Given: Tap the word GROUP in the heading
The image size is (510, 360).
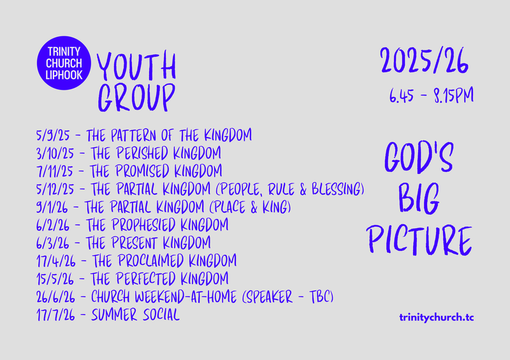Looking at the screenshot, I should coord(136,97).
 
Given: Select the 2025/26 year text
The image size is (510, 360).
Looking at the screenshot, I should coord(425,62).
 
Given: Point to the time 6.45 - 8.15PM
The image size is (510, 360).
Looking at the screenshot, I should coord(430,97).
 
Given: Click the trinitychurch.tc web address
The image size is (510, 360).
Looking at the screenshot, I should coord(435,317).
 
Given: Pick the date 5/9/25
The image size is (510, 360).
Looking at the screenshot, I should coord(54,135).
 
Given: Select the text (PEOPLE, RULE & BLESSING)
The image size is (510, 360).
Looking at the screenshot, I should coord(291,189).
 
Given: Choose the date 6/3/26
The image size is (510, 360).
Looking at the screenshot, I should coord(55,243).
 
